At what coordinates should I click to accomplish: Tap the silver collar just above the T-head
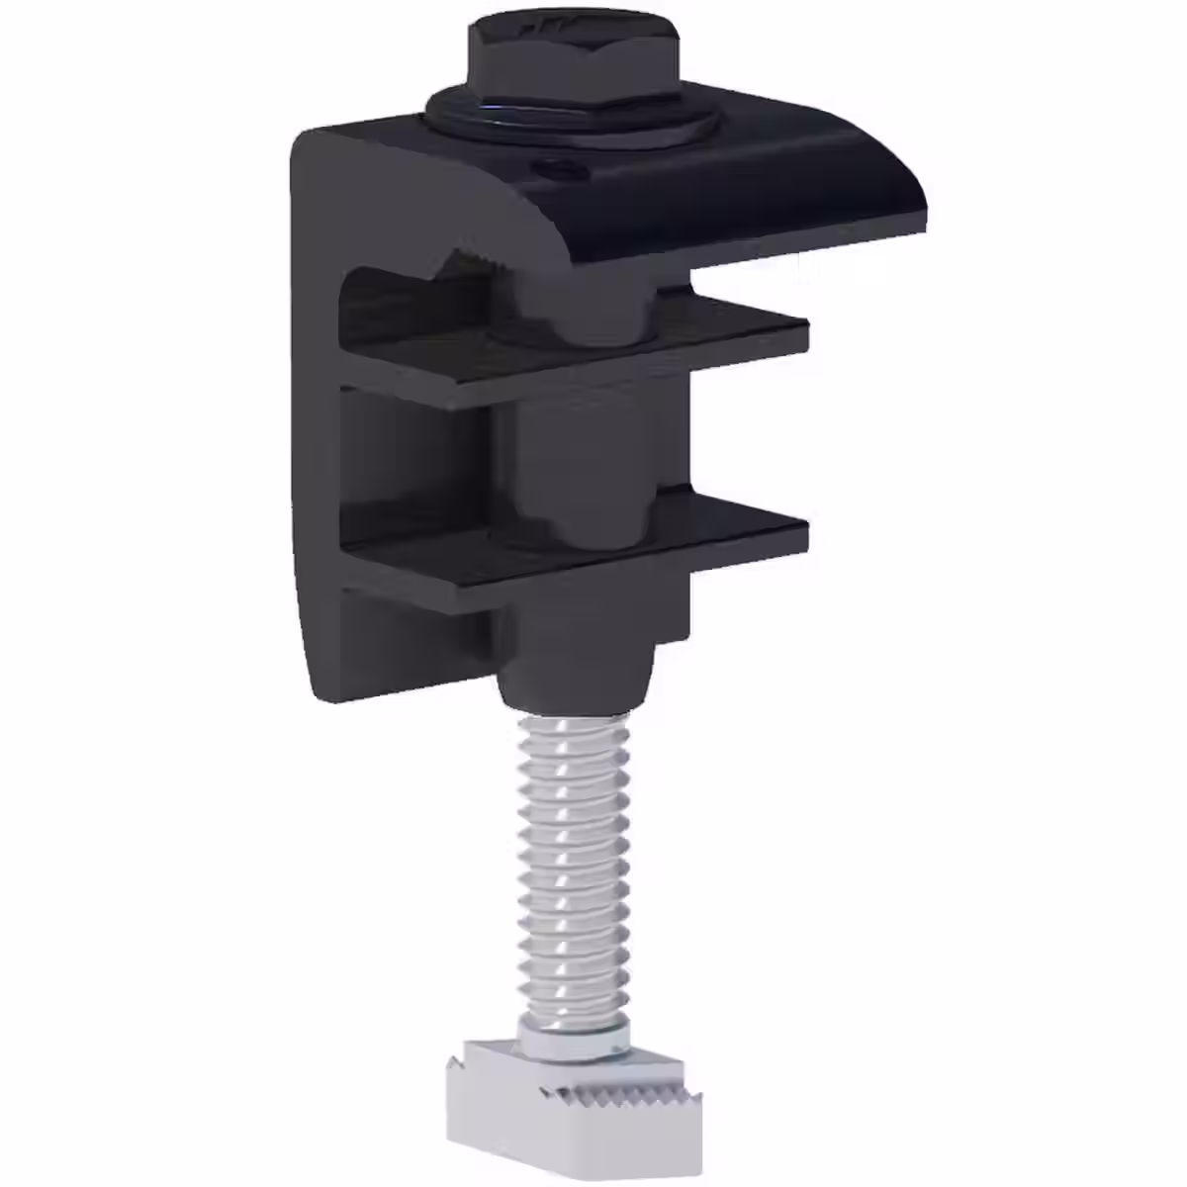click(571, 1039)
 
